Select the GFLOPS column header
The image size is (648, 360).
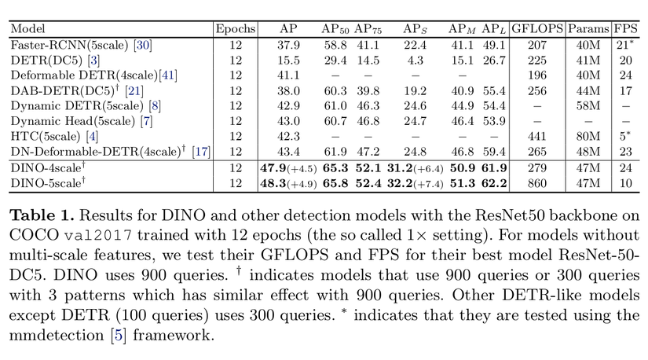537,28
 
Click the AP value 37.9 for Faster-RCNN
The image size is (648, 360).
290,45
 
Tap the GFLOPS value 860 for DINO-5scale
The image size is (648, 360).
537,183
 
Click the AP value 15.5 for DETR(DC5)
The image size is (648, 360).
290,60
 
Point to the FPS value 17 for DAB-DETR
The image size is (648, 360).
624,90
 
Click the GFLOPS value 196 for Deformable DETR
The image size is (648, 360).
537,75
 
